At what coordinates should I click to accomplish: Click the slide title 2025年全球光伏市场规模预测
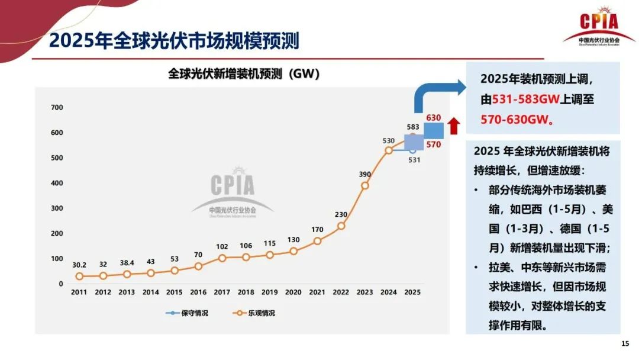pyautogui.click(x=174, y=40)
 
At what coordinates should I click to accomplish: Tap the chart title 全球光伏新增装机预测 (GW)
pyautogui.click(x=244, y=74)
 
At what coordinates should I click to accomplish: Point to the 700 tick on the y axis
pyautogui.click(x=57, y=107)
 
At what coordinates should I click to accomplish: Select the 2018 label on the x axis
pyautogui.click(x=246, y=292)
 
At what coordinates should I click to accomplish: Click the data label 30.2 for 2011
pyautogui.click(x=79, y=265)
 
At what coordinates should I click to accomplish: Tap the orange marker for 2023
pyautogui.click(x=365, y=185)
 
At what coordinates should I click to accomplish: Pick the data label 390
pyautogui.click(x=365, y=174)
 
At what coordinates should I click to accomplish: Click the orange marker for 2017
pyautogui.click(x=222, y=258)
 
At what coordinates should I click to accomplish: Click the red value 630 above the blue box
pyautogui.click(x=434, y=118)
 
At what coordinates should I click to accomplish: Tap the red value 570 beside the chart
pyautogui.click(x=434, y=144)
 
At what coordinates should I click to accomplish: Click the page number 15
pyautogui.click(x=625, y=344)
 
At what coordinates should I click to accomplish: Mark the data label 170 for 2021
pyautogui.click(x=317, y=230)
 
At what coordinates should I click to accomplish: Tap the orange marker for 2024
pyautogui.click(x=389, y=150)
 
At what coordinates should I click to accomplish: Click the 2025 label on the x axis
pyautogui.click(x=412, y=292)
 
